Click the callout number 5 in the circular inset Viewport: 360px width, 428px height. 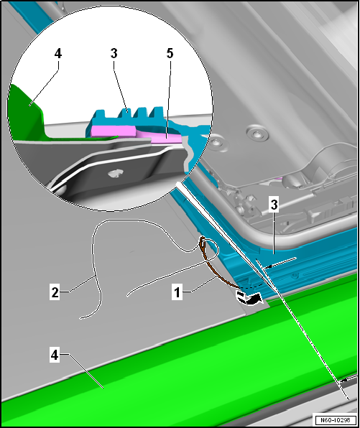click(170, 53)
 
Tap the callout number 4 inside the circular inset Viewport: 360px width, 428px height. click(58, 53)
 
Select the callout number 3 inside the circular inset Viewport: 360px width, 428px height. click(114, 53)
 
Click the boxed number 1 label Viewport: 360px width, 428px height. click(177, 292)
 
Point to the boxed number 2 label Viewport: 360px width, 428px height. click(55, 292)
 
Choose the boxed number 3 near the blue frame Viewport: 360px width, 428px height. click(274, 205)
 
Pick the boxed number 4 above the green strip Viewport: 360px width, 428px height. click(55, 355)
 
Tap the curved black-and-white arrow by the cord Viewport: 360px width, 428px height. click(249, 298)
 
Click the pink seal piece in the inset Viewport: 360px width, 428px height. click(137, 133)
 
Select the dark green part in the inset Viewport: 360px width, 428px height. click(26, 112)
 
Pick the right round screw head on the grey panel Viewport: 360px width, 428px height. click(257, 134)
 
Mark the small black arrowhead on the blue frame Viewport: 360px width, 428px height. click(269, 266)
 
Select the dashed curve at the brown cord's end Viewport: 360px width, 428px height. click(251, 287)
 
